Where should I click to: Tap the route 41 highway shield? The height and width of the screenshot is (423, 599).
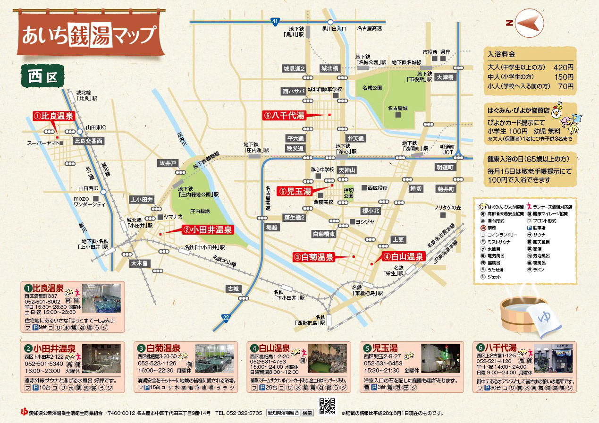pos(276,21)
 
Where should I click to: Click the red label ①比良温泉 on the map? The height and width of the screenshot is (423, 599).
pos(54,116)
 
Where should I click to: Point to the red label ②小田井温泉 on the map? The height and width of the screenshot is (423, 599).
pos(208,230)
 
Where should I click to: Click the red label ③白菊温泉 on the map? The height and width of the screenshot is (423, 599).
pos(313,257)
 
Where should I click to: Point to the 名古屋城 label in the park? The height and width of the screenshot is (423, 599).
pos(397,108)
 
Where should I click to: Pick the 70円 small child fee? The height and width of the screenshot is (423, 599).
pos(565,86)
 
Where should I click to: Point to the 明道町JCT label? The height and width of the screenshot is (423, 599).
pos(447,150)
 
